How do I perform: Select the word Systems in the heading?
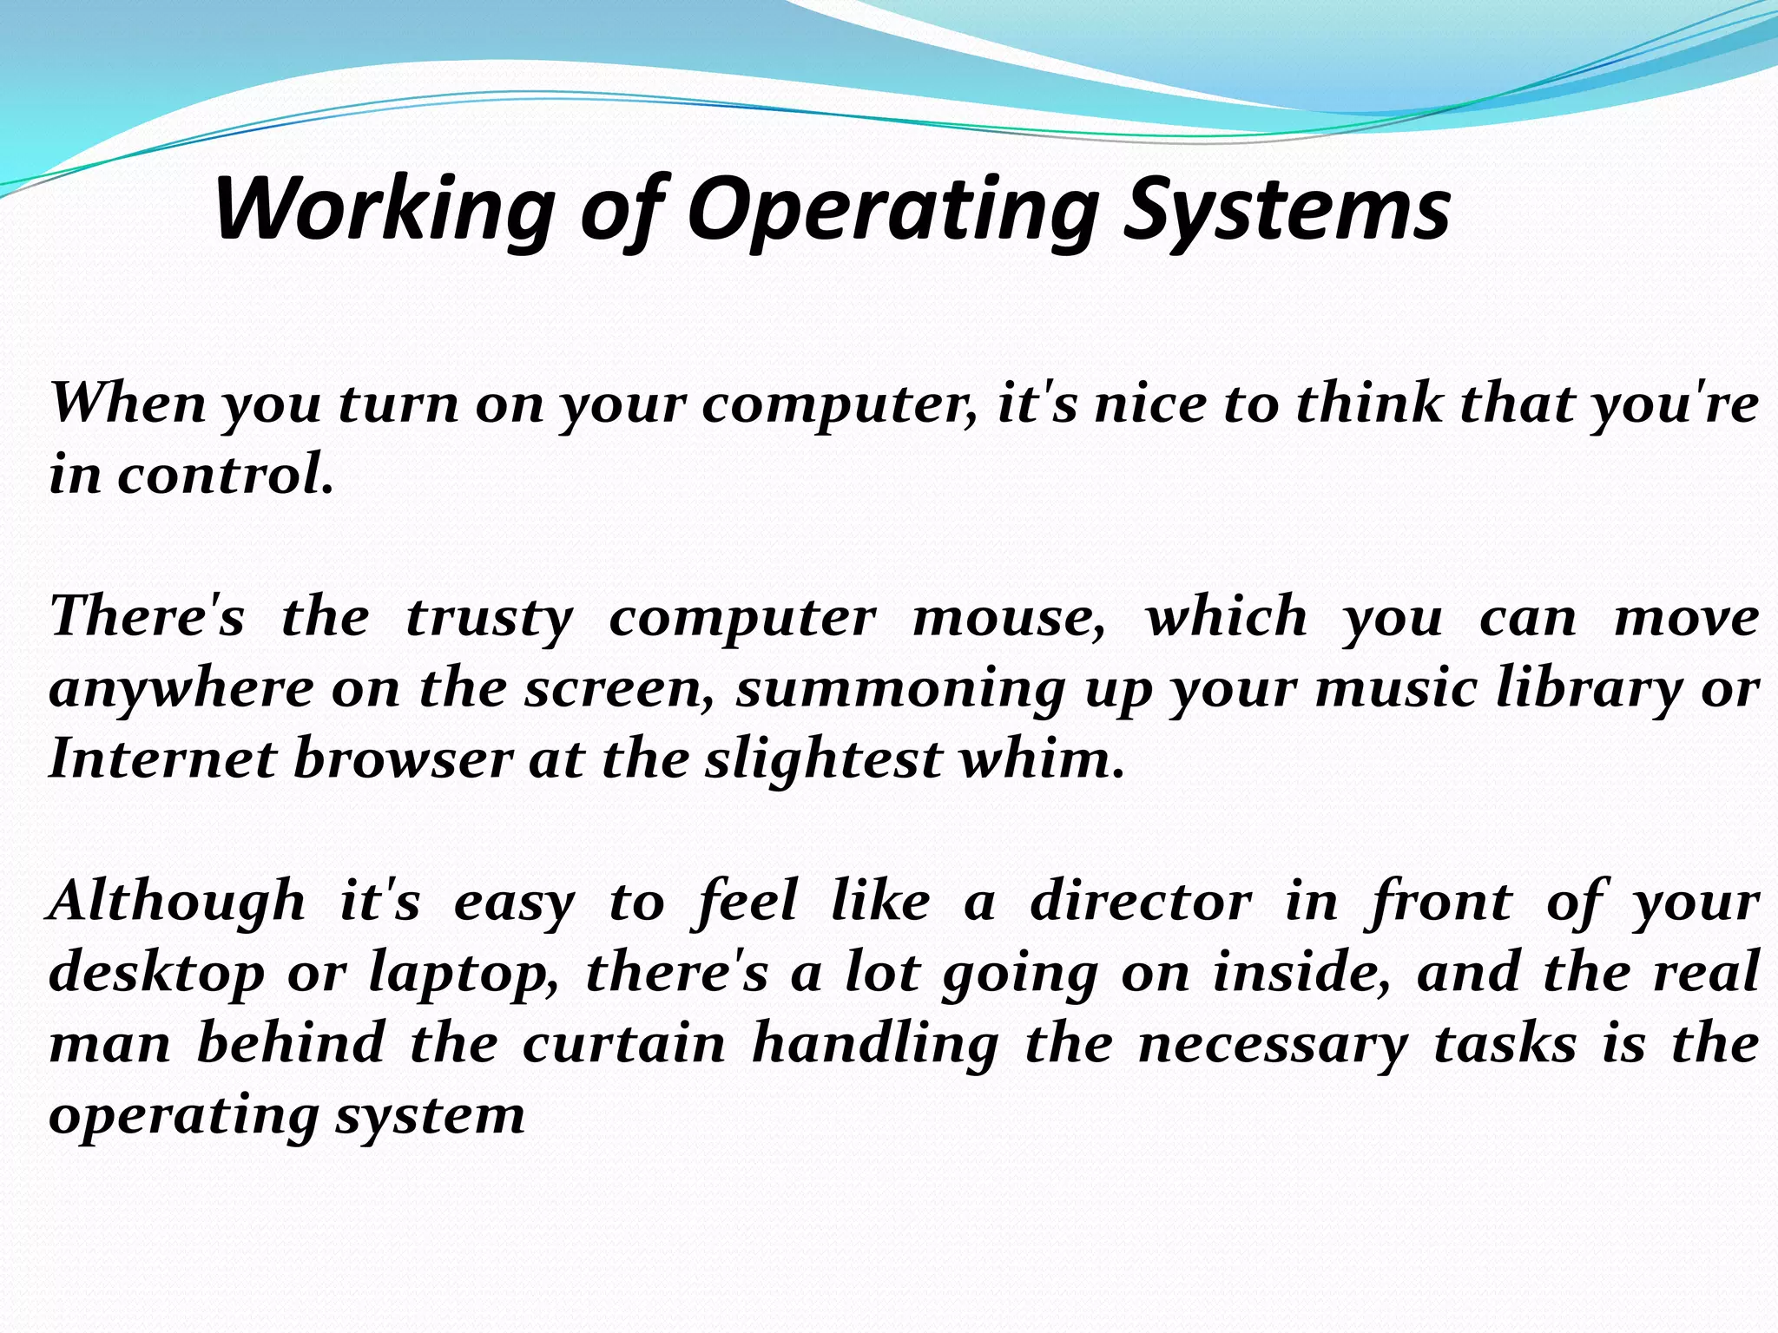1287,210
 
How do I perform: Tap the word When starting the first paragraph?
128,404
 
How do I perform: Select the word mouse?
1009,619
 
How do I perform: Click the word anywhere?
181,690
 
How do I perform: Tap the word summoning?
900,690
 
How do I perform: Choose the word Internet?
161,759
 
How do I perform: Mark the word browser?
404,759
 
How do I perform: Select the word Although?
178,901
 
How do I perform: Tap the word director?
1141,901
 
